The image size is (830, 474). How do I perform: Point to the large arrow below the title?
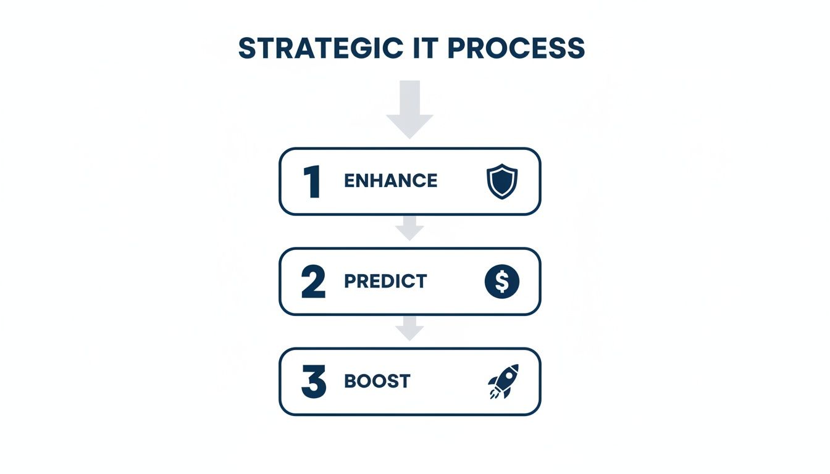pyautogui.click(x=409, y=109)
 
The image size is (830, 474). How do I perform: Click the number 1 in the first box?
pyautogui.click(x=312, y=181)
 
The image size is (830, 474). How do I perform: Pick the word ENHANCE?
pyautogui.click(x=390, y=181)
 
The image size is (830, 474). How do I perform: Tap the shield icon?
pyautogui.click(x=502, y=181)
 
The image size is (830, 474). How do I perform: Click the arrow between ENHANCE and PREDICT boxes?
pyautogui.click(x=409, y=228)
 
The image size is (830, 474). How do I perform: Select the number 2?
pyautogui.click(x=313, y=282)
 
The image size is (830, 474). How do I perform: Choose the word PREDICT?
pyautogui.click(x=385, y=281)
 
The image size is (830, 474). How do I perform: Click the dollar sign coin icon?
pyautogui.click(x=502, y=282)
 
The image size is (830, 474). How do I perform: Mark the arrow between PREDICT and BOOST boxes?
pyautogui.click(x=409, y=328)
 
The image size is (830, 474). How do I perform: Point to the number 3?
pyautogui.click(x=313, y=382)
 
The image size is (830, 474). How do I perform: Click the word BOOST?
pyautogui.click(x=377, y=381)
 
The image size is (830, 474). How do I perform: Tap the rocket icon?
pyautogui.click(x=503, y=381)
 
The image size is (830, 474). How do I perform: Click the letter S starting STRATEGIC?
pyautogui.click(x=247, y=49)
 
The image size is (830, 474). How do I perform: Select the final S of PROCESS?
pyautogui.click(x=575, y=49)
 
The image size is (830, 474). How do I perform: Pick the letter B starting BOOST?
pyautogui.click(x=350, y=381)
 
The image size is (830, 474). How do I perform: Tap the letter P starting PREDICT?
pyautogui.click(x=350, y=281)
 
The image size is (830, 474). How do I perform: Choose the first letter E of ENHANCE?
pyautogui.click(x=350, y=181)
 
